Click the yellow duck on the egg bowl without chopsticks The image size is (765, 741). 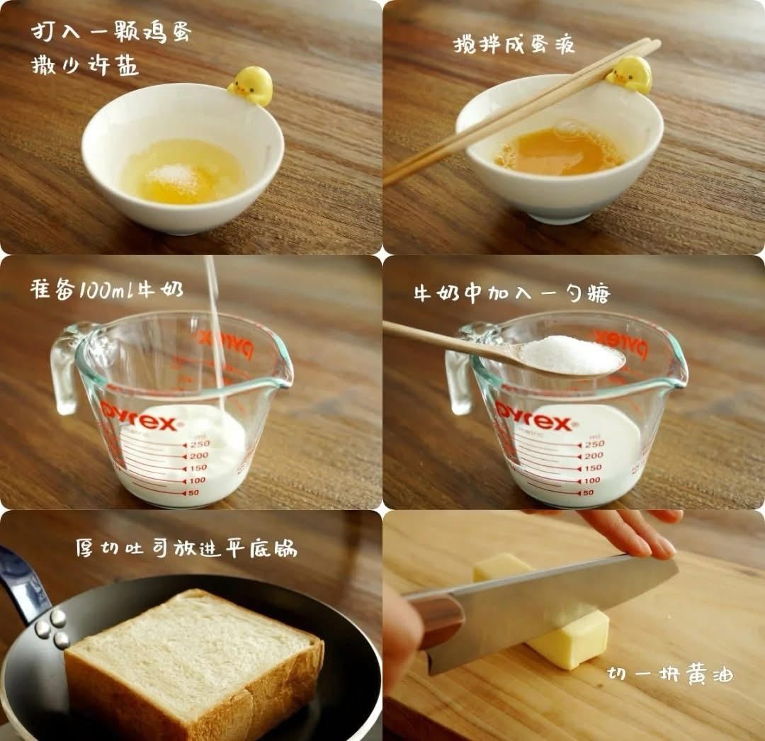[x=251, y=86]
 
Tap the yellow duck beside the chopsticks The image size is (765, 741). [x=630, y=74]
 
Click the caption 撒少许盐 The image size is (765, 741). [x=85, y=66]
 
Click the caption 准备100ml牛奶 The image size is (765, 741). [x=106, y=290]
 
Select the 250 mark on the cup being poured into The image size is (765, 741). [x=198, y=443]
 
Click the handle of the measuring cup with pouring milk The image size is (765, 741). [x=65, y=368]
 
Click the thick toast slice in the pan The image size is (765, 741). [x=191, y=652]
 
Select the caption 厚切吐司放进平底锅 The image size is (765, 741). [x=186, y=548]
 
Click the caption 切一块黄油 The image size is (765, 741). [x=670, y=674]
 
